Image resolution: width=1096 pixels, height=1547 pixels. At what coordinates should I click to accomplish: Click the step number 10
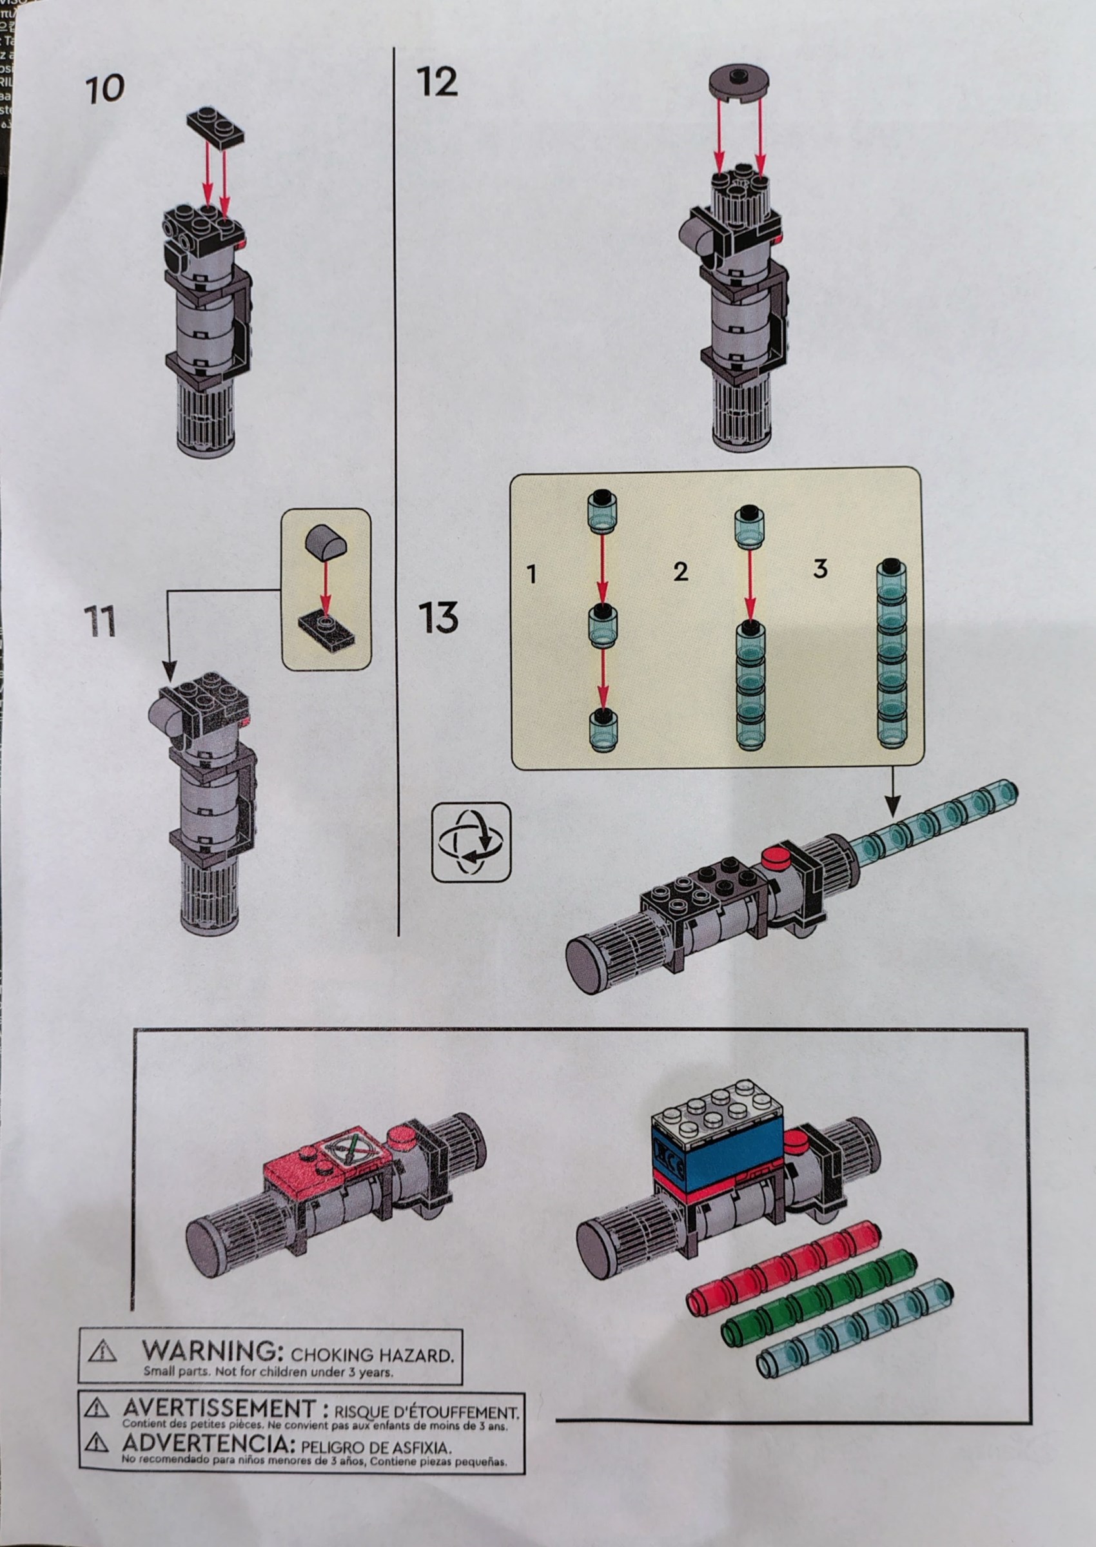point(105,90)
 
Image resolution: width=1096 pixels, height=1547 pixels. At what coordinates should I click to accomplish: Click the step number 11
point(100,621)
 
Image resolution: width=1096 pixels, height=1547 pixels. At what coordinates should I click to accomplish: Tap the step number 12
point(437,83)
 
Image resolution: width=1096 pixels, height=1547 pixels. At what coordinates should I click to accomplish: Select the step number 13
point(438,618)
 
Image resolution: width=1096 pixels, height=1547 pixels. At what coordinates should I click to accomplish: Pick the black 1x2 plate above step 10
point(215,127)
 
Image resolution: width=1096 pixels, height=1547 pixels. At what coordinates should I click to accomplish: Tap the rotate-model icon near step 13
point(471,841)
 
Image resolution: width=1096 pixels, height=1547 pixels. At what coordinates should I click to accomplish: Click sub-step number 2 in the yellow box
point(680,572)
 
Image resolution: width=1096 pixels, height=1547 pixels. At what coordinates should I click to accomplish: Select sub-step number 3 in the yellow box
point(820,569)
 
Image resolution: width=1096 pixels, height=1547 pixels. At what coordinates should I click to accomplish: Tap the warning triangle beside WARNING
point(103,1350)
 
